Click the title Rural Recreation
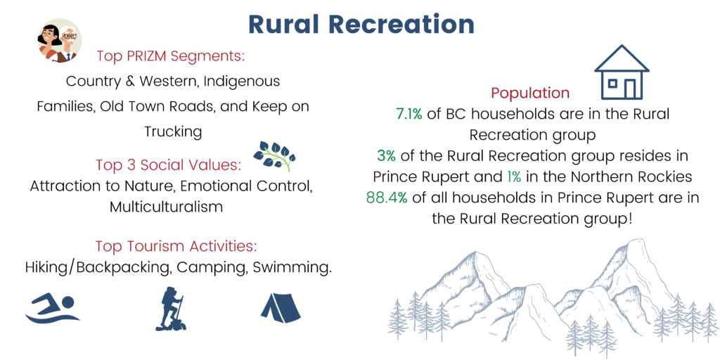[x=361, y=25]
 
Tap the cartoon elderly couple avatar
[x=59, y=41]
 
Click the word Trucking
[x=173, y=131]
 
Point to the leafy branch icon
[x=275, y=156]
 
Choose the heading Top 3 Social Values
[x=169, y=165]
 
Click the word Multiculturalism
[x=166, y=207]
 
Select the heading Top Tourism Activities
[x=176, y=245]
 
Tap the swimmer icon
[x=53, y=309]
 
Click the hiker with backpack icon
[x=172, y=309]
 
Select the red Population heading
[x=530, y=94]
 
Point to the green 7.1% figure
[x=409, y=115]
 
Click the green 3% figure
[x=386, y=156]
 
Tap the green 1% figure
[x=514, y=176]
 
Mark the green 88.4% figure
[x=387, y=198]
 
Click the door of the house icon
[x=629, y=89]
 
